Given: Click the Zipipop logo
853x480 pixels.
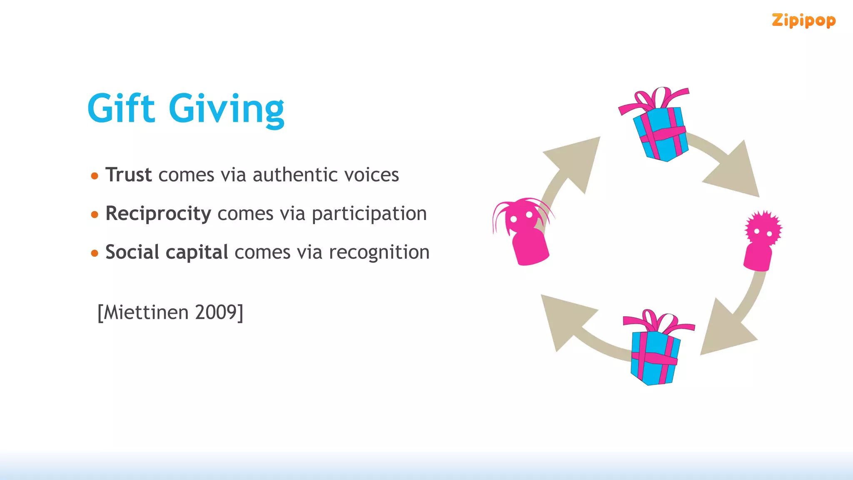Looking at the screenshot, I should [803, 21].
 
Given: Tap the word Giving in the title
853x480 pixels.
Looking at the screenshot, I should [227, 109].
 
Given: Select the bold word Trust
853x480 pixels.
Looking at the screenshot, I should [128, 175].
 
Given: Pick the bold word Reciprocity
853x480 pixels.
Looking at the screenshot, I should [158, 214].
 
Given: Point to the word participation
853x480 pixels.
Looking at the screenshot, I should [369, 214].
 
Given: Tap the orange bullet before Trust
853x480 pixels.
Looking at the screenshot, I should [95, 176].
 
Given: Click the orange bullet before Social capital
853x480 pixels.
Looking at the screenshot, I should [95, 253].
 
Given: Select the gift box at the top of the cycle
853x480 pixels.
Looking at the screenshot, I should [660, 133].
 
